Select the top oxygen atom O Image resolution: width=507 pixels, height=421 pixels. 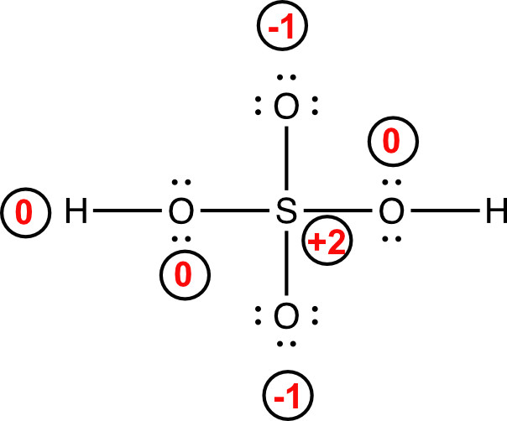[286, 107]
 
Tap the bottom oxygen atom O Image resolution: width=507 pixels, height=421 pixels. [286, 317]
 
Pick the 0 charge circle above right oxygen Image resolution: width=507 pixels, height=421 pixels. [391, 143]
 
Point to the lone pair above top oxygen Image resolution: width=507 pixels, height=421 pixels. [286, 80]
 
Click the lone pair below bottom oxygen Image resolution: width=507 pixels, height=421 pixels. [286, 345]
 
